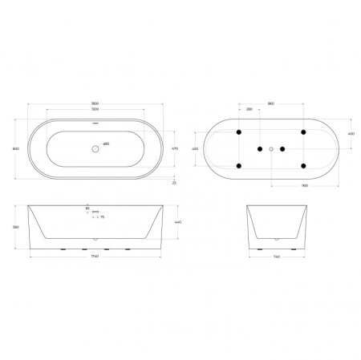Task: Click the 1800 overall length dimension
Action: tap(97, 103)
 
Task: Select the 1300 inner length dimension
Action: tap(97, 110)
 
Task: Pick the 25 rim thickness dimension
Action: tap(175, 183)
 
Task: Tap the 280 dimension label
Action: tap(249, 110)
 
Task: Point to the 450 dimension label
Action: tap(195, 149)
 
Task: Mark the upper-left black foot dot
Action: tap(239, 132)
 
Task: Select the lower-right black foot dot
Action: tap(303, 166)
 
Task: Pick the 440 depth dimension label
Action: tap(178, 222)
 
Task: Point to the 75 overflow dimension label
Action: tap(103, 216)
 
